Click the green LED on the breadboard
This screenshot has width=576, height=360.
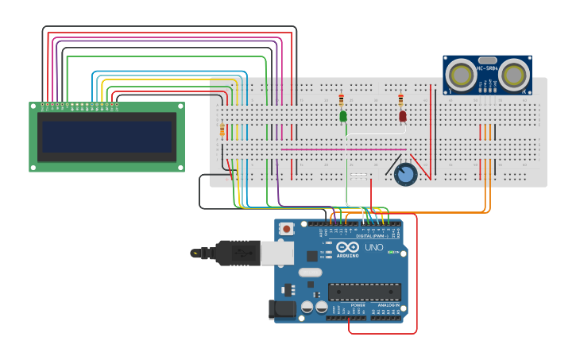(x=343, y=116)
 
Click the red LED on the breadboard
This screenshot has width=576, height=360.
(x=403, y=116)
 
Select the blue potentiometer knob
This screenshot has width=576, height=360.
(x=405, y=175)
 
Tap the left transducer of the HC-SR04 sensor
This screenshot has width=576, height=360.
(x=461, y=75)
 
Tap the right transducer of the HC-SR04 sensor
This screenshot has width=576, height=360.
(x=514, y=75)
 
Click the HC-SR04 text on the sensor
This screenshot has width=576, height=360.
(x=487, y=68)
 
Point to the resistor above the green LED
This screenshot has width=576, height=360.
(x=342, y=100)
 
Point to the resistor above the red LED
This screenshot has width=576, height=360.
(x=401, y=100)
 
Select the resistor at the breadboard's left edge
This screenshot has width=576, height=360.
(x=222, y=130)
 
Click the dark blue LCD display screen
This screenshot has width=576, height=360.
(x=107, y=137)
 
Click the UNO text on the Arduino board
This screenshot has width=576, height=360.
(x=373, y=247)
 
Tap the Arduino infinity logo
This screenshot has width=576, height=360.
(x=348, y=247)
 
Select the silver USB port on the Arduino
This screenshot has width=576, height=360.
(x=276, y=253)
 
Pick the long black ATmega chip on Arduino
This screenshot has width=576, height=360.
(x=364, y=292)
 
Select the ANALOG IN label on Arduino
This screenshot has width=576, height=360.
(x=388, y=304)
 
